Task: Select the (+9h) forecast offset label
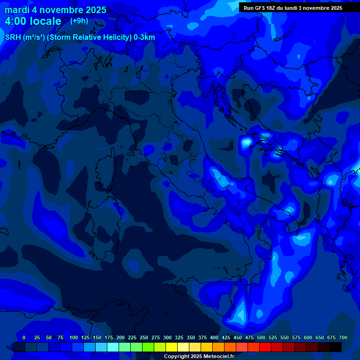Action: [x=79, y=21]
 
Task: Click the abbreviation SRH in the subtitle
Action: [x=13, y=37]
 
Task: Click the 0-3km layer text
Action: [x=144, y=37]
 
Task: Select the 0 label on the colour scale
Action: [x=24, y=337]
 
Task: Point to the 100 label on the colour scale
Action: [x=74, y=337]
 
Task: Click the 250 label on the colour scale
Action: [x=144, y=337]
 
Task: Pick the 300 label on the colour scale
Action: [x=167, y=337]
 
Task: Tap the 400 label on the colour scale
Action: [x=214, y=337]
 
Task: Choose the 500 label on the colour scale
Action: [x=261, y=337]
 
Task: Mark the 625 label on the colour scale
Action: [x=320, y=337]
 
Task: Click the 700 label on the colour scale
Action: [x=343, y=337]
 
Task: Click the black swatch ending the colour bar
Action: [x=336, y=347]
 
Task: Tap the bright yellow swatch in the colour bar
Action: [x=172, y=347]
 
